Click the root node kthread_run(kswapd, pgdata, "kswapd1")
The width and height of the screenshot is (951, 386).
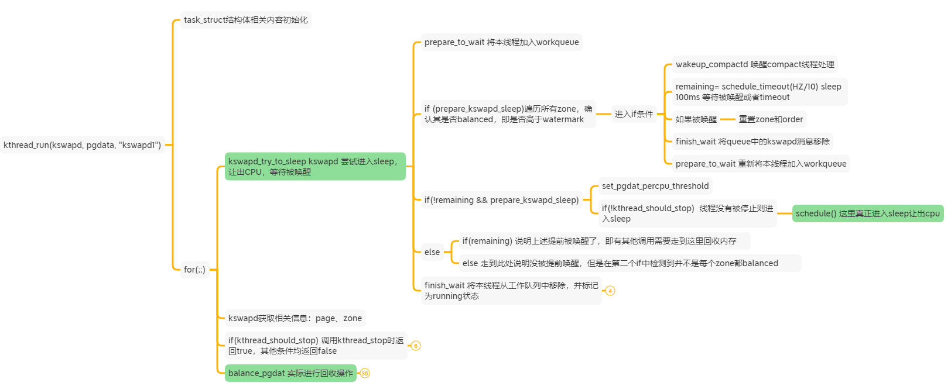82,145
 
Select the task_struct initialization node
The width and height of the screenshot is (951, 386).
245,20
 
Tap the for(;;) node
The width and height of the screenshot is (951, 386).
194,270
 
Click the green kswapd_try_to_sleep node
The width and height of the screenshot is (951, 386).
315,167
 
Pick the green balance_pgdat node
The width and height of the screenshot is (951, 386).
290,373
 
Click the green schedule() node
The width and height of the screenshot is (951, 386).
867,213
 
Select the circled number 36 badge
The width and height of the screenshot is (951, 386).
365,373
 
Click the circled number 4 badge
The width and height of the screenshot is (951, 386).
610,291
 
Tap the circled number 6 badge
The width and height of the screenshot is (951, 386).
416,346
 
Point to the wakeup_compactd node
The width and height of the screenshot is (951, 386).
755,64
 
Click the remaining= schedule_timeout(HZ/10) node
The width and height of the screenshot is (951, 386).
759,92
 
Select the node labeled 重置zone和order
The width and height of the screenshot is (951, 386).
771,119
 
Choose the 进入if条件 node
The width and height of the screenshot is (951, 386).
633,114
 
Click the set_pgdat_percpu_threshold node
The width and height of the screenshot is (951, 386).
655,186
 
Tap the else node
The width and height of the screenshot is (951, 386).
432,252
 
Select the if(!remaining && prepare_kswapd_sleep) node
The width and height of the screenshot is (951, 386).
501,200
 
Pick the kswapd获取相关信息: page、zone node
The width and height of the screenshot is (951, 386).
295,318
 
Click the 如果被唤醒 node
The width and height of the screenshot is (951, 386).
696,119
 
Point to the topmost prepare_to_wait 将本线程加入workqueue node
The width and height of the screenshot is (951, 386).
501,42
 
